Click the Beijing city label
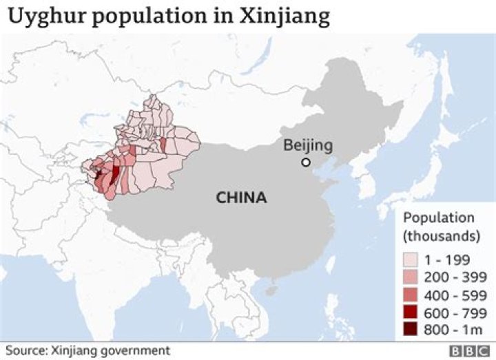coord(308,145)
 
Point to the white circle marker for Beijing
coord(306,162)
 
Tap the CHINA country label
coord(241,198)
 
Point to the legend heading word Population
coord(439,218)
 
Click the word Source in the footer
coord(26,350)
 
